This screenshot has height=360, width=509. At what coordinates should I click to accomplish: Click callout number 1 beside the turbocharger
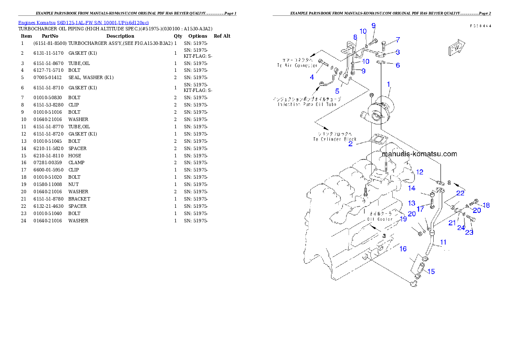(388, 84)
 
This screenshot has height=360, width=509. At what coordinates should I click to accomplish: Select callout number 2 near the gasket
(350, 144)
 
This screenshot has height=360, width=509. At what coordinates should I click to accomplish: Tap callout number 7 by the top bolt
(398, 40)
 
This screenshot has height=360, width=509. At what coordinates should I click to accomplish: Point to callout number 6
(398, 65)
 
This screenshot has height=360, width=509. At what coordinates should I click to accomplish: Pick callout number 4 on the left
(312, 77)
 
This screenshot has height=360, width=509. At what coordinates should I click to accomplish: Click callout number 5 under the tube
(337, 91)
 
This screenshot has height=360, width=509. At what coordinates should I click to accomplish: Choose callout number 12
(420, 172)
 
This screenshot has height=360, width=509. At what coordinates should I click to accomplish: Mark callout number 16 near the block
(403, 249)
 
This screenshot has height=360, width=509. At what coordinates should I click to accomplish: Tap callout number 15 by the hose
(431, 271)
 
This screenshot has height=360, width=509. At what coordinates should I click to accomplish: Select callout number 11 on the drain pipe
(443, 242)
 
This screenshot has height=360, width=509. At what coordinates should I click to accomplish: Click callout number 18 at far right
(486, 205)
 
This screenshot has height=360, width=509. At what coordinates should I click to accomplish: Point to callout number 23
(469, 232)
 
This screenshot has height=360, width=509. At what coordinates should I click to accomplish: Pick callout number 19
(403, 219)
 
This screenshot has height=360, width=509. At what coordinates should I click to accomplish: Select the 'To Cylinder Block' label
(334, 139)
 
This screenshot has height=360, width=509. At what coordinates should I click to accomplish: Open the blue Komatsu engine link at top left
(83, 22)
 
